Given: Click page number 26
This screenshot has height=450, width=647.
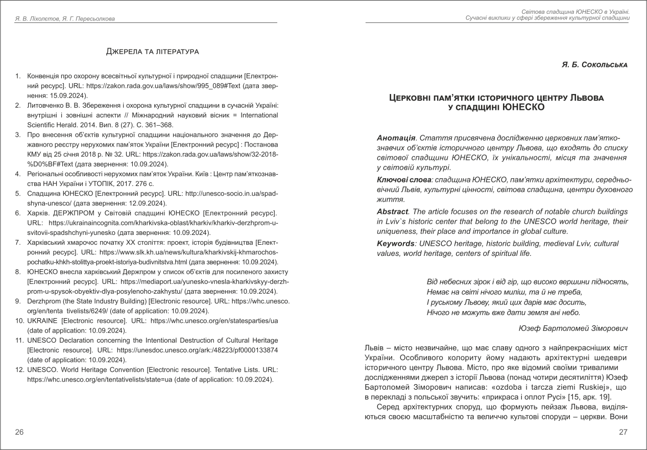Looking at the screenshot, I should (19, 432).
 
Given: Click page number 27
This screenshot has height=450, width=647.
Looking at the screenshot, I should (622, 432).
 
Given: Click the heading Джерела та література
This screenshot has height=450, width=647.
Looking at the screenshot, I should (152, 52).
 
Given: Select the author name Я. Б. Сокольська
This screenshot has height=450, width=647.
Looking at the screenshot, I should (594, 65).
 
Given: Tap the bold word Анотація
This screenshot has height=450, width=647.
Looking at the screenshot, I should (396, 138).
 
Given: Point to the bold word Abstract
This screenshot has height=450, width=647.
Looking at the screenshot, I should (392, 211).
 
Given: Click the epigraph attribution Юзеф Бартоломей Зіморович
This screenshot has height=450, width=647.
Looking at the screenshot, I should (572, 328).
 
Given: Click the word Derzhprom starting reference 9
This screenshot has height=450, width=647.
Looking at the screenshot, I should (45, 301).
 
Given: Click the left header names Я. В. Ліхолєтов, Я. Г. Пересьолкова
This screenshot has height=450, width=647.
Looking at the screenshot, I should (64, 19).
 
